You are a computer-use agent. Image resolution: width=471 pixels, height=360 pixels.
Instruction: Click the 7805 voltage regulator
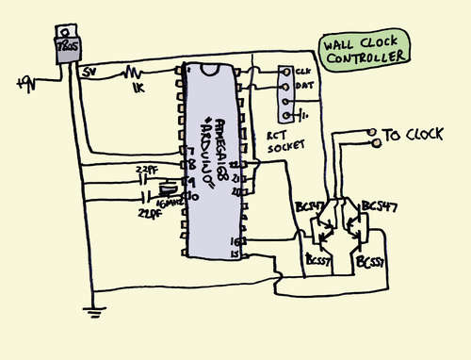[67, 48]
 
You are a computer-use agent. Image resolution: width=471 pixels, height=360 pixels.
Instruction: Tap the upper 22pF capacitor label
[148, 169]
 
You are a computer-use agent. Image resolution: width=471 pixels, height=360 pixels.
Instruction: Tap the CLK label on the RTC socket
[302, 71]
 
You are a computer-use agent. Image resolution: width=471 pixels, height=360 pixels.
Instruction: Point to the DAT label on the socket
[303, 86]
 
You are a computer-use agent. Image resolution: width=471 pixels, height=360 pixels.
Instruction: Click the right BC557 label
[368, 263]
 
